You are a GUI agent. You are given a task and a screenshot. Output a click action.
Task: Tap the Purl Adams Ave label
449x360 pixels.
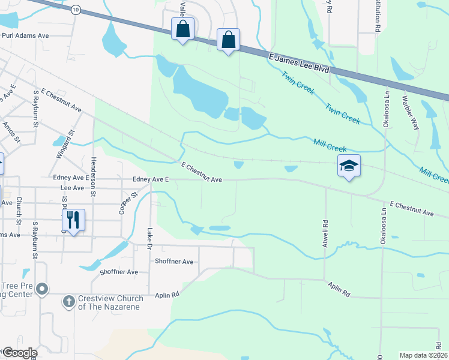25,36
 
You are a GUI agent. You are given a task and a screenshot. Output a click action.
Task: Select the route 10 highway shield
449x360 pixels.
75,10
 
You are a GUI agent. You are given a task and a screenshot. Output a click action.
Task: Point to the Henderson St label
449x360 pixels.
93,176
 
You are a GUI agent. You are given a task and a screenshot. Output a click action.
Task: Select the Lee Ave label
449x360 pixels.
71,188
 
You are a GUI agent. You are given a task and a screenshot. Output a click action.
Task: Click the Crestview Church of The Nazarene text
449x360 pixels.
110,302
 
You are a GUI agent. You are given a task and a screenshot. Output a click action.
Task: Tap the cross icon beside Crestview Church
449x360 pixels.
69,301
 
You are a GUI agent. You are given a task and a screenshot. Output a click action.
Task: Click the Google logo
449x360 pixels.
19,353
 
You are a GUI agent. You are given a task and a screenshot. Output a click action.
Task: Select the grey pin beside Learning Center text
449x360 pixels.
41,290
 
